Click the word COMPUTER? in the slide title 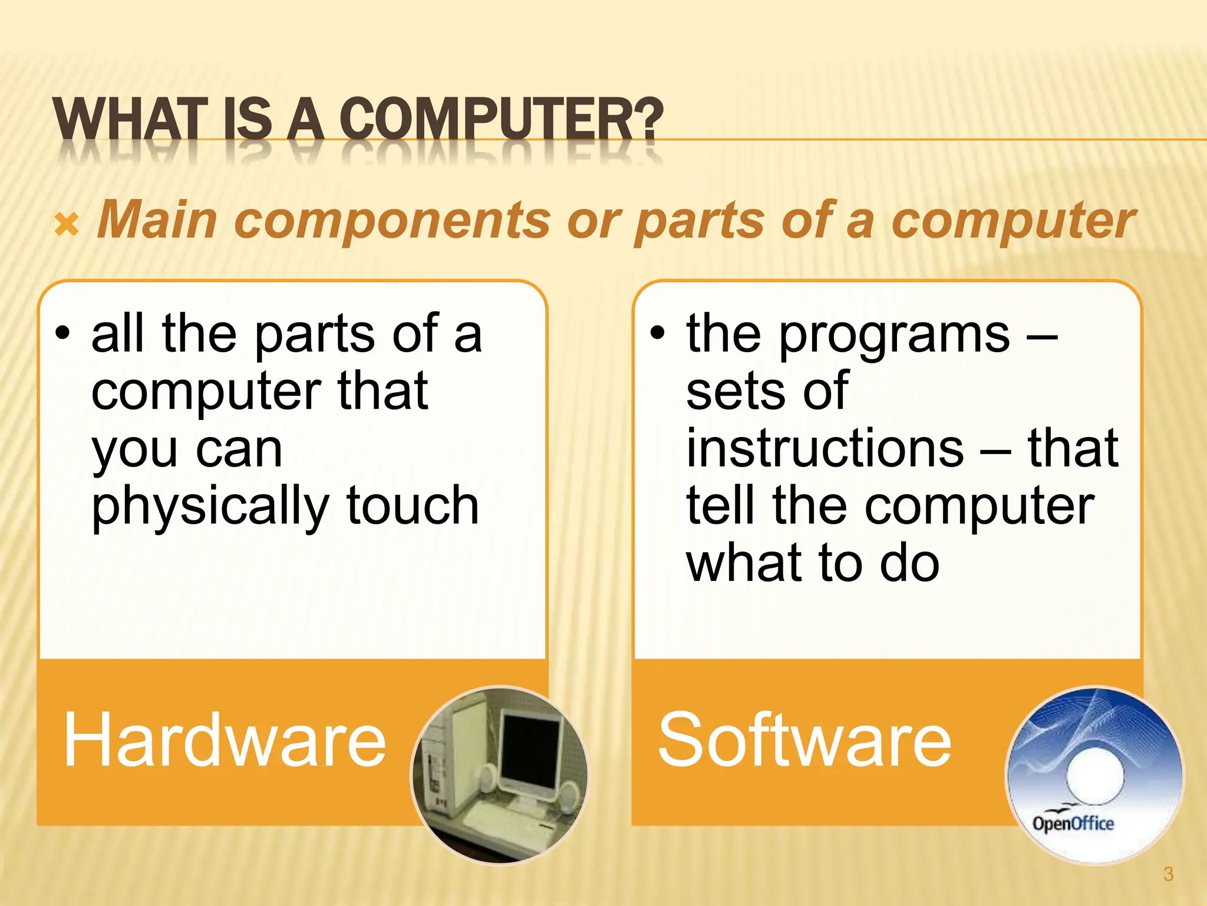[x=501, y=119]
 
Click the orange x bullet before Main [x=67, y=225]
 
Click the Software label [x=804, y=740]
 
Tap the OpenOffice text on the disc [x=1073, y=823]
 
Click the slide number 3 [x=1168, y=874]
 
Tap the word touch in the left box [x=413, y=505]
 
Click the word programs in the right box [x=895, y=335]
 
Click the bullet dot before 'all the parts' [x=62, y=334]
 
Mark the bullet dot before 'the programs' [x=657, y=334]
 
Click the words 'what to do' [x=813, y=563]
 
